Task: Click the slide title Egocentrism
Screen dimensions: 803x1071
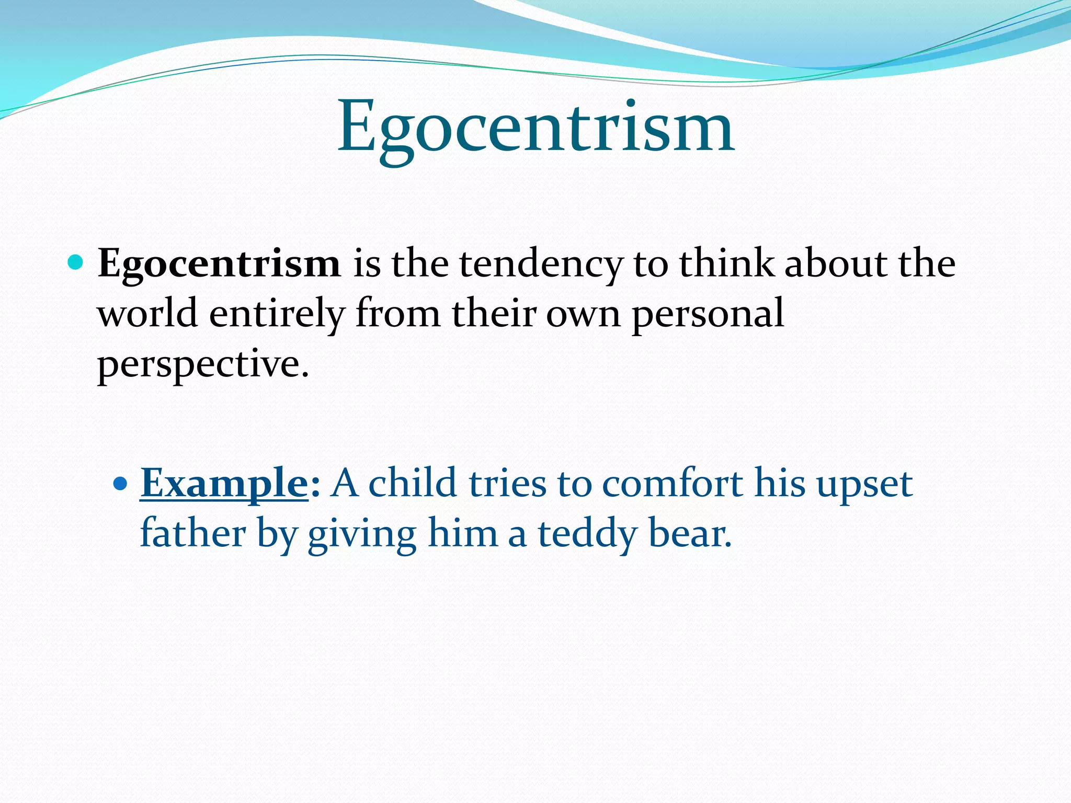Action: [535, 128]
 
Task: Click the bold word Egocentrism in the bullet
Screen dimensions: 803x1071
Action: [219, 263]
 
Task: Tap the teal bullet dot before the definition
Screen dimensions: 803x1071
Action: [76, 261]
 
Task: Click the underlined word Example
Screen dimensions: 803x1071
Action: [224, 483]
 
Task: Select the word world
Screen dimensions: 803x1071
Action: [147, 313]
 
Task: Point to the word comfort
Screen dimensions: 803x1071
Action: [672, 483]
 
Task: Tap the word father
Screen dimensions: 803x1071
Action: [193, 532]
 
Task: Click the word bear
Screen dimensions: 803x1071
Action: [689, 533]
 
